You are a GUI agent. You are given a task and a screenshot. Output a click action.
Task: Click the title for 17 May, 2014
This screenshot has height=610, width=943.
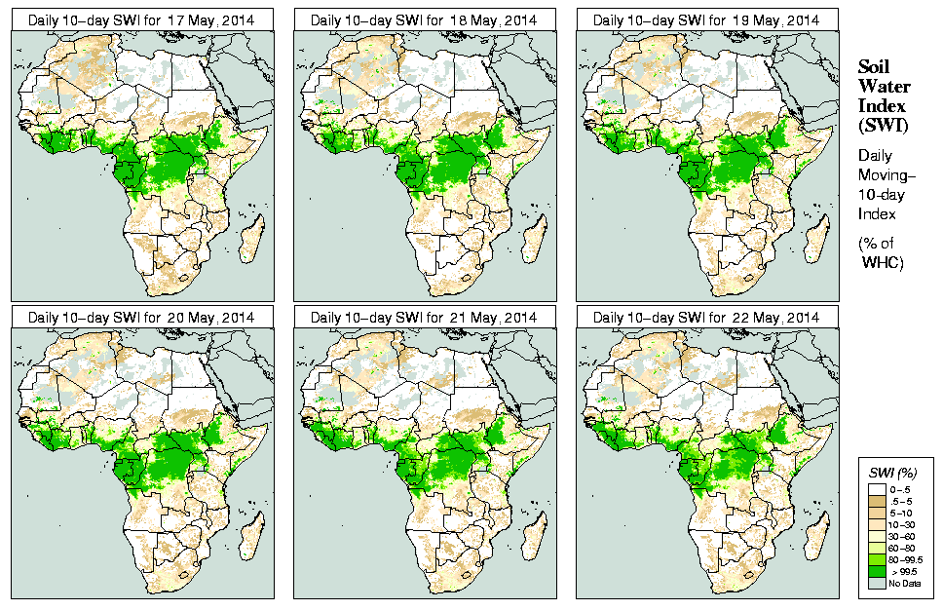coord(141,19)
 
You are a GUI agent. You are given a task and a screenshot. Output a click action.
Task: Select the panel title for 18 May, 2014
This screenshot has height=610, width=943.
coord(424,19)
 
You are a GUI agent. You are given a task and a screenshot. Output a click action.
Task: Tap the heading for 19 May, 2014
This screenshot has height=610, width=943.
coord(706,19)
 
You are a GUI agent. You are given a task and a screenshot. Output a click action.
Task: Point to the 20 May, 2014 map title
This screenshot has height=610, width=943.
coord(141,318)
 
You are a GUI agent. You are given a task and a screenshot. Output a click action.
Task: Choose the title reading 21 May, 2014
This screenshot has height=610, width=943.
coord(424,318)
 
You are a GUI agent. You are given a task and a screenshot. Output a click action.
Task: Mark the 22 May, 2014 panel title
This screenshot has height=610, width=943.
coord(706,318)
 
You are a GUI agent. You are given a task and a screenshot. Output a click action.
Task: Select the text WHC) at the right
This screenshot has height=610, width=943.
coord(885,263)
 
